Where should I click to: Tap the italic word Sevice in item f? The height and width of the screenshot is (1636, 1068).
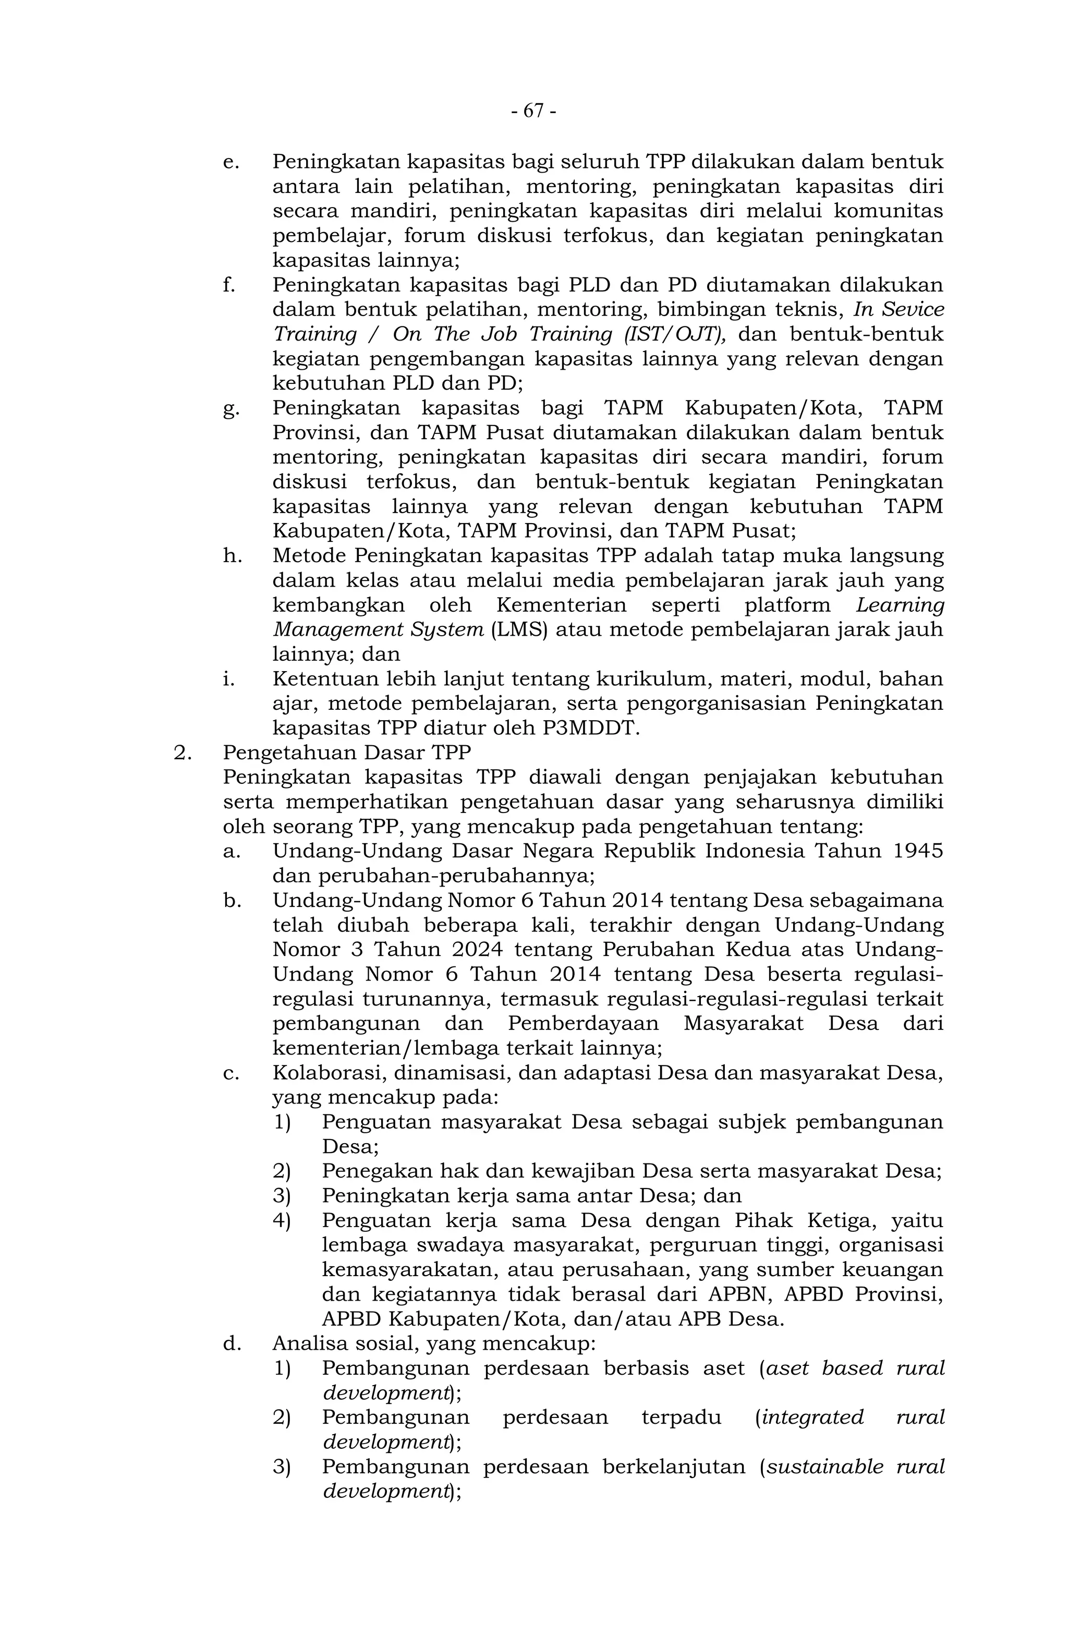click(x=912, y=310)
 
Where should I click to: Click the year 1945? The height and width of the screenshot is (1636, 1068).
click(x=917, y=851)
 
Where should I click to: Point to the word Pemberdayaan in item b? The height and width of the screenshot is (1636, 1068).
click(x=584, y=1024)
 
